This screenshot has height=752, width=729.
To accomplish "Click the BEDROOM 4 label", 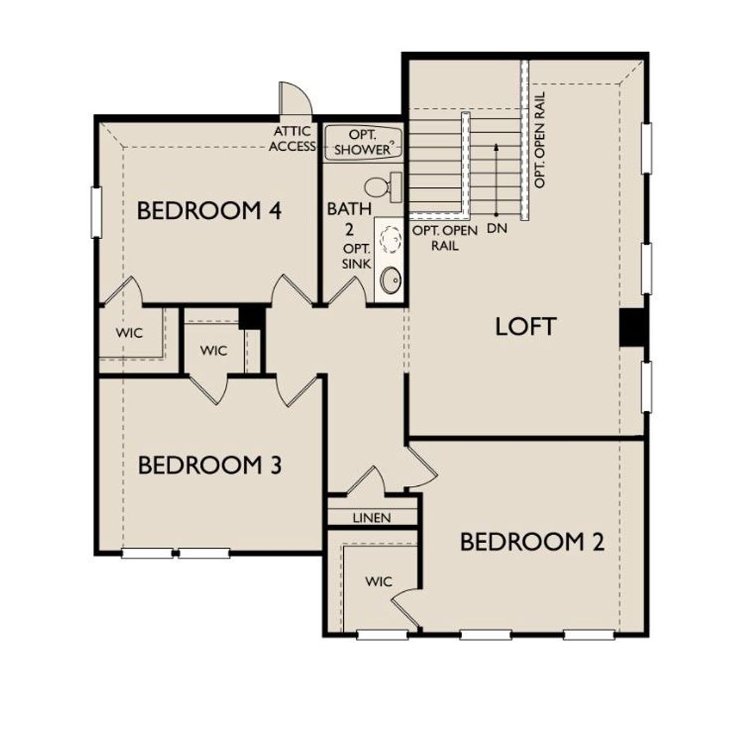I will point(210,211).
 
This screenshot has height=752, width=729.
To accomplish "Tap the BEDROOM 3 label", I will point(210,466).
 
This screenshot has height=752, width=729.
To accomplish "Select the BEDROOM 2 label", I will point(532,542).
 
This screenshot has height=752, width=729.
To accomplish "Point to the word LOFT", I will point(525,327).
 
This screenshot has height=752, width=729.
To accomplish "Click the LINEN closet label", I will point(372,518).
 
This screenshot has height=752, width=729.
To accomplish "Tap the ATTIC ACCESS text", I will point(292,139).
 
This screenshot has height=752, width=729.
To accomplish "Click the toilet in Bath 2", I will point(382,187).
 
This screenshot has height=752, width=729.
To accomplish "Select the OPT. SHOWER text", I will point(362,142).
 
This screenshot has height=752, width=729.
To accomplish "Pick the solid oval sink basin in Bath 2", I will point(391,280).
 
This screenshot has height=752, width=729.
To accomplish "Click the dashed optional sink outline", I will point(389,239).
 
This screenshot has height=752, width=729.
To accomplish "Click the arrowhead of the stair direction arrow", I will point(496,147).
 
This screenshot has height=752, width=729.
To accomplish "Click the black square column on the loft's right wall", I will point(631,327).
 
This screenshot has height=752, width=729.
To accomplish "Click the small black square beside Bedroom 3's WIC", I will point(251,317).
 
